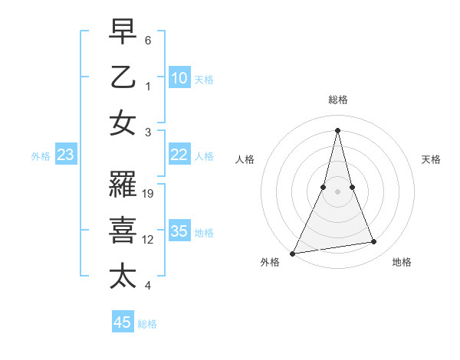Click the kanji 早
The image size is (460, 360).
pos(123,33)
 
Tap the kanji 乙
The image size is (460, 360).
pos(123,77)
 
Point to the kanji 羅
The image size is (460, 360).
pos(123,186)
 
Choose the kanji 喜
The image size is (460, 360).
pos(123,231)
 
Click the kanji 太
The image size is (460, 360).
pos(123,276)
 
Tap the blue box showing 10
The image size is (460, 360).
pos(179,77)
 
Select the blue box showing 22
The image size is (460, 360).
pos(179,155)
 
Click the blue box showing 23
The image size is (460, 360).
pos(65,155)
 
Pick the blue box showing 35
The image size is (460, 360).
pos(179,231)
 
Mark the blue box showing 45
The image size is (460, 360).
pos(123,322)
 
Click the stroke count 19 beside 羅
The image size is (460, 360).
pos(149,194)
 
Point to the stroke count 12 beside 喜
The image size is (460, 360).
pos(149,240)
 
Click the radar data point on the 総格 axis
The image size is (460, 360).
pos(337,129)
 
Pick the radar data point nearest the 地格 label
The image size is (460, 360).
pos(374,242)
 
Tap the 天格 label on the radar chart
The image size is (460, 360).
pos(432,159)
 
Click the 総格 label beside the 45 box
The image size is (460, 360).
pos(147,324)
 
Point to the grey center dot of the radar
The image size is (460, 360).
pos(337,191)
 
